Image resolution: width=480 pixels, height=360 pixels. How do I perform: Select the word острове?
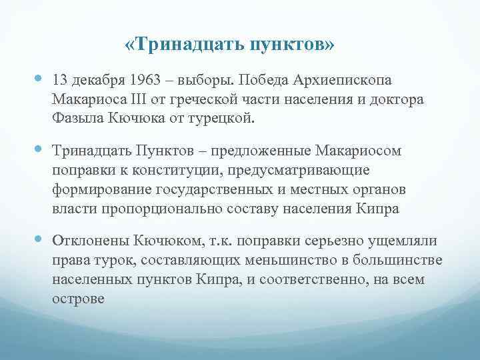click(78, 298)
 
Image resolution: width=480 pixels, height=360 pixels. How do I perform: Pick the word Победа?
click(271, 81)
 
